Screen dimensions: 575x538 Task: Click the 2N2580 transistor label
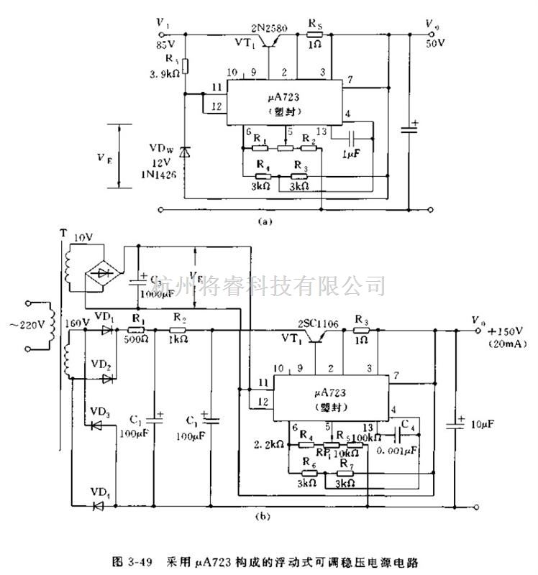point(269,29)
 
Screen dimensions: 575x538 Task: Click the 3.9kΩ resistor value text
point(163,73)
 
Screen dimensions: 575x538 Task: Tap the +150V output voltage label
point(498,332)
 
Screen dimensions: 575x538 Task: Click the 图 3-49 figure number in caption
point(134,557)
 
